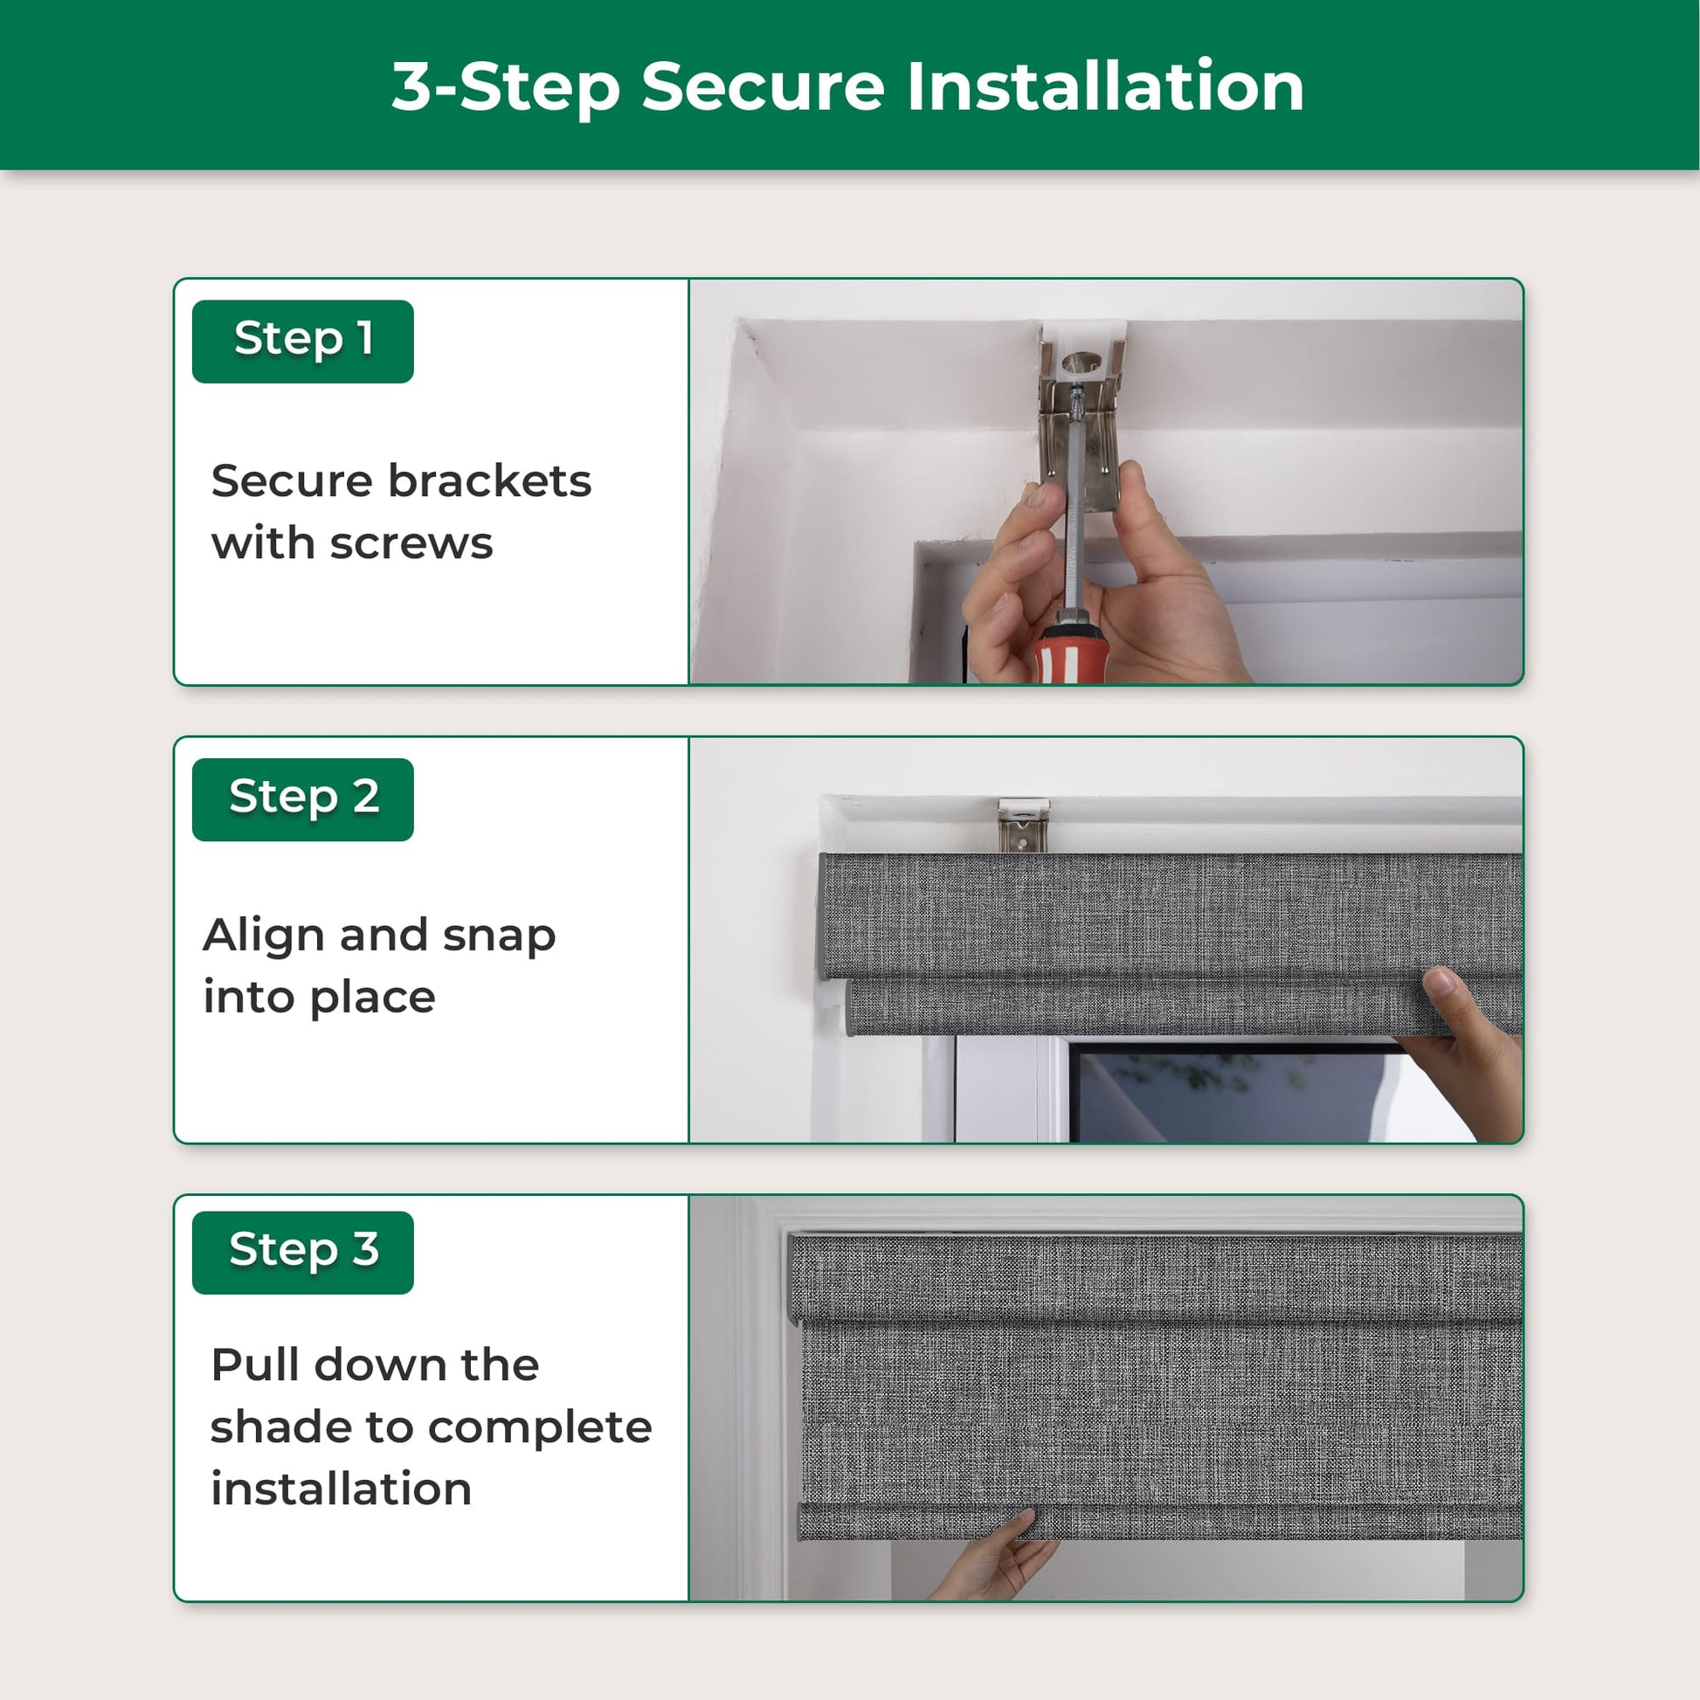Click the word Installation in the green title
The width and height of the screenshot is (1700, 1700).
click(x=1105, y=86)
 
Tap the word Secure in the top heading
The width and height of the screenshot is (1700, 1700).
click(x=763, y=86)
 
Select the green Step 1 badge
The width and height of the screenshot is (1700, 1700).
click(x=302, y=342)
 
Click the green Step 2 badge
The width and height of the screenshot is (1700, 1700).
click(x=302, y=799)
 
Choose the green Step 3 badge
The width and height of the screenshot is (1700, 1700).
click(x=302, y=1252)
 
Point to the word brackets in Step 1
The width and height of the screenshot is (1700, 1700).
click(x=490, y=480)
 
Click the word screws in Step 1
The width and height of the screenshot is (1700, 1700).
click(x=411, y=544)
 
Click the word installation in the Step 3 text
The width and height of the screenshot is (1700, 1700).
click(x=342, y=1489)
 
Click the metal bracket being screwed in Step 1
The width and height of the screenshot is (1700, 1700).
click(x=1080, y=418)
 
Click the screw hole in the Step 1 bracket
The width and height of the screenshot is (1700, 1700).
click(x=1081, y=362)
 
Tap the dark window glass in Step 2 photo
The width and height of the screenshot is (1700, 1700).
click(x=1232, y=1095)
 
